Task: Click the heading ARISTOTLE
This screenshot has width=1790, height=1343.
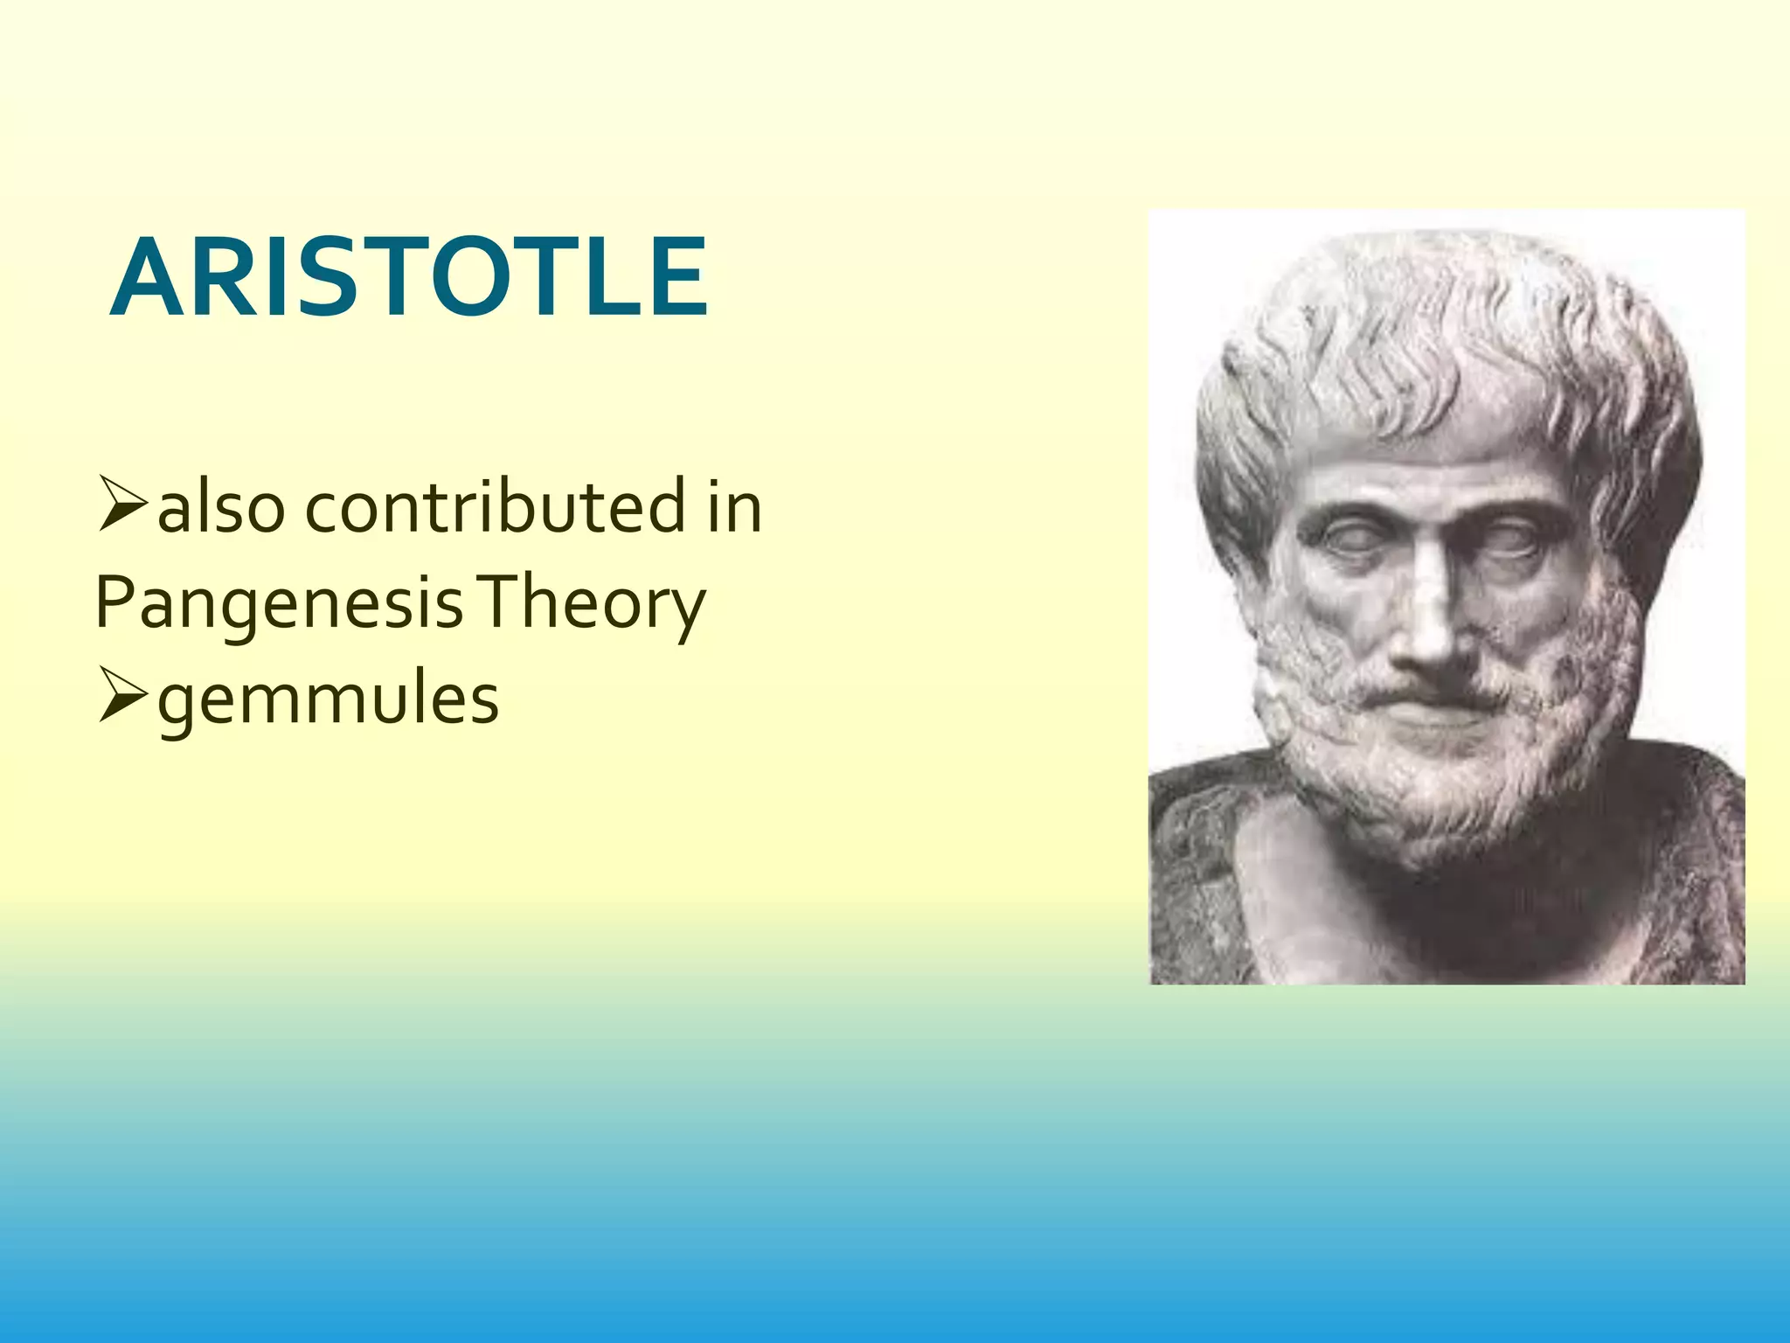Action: (407, 278)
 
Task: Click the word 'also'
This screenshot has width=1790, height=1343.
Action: (220, 510)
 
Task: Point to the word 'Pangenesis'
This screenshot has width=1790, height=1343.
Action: (278, 605)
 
